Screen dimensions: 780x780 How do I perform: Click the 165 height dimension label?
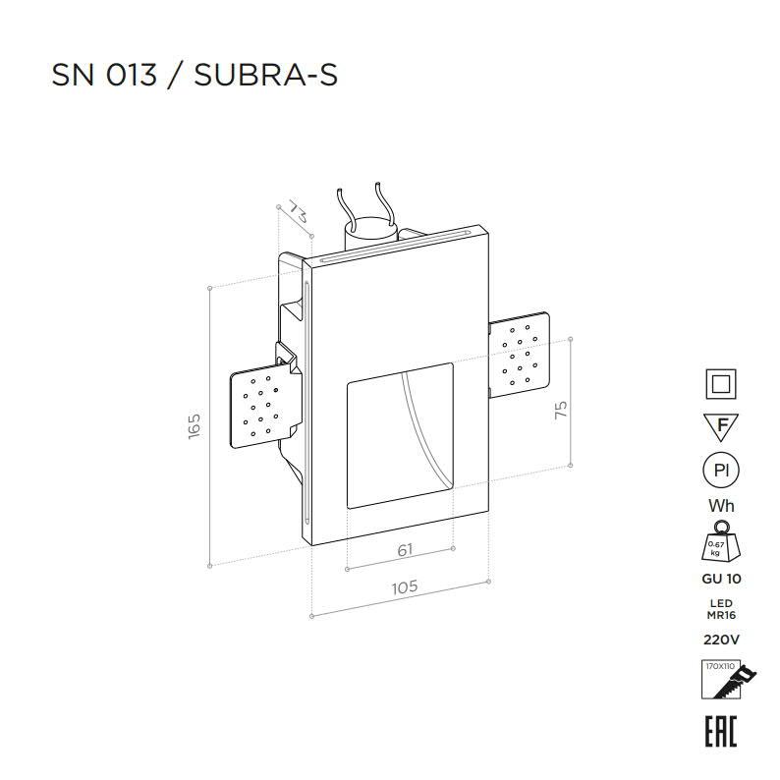click(x=194, y=425)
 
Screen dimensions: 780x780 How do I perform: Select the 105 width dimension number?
click(x=405, y=587)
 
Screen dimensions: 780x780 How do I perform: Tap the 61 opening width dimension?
click(x=406, y=550)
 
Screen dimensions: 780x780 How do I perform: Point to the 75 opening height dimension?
click(x=561, y=410)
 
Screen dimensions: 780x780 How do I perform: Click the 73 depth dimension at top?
click(x=298, y=212)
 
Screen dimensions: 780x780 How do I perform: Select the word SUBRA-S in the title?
click(x=265, y=75)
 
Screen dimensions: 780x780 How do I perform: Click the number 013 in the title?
click(x=132, y=75)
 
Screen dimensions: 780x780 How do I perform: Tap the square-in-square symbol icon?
click(x=721, y=384)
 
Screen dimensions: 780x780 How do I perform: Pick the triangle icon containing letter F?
click(x=721, y=426)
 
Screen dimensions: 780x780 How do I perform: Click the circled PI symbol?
click(x=721, y=471)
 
